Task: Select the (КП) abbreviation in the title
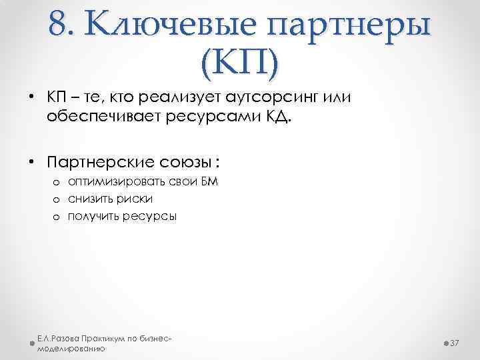pos(239,63)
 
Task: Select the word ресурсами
pos(199,119)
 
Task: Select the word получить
pos(94,216)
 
